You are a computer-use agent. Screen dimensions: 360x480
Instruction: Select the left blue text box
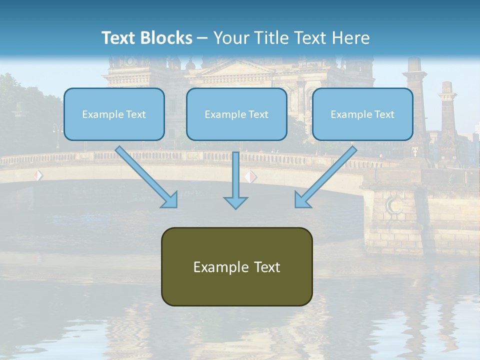click(x=114, y=114)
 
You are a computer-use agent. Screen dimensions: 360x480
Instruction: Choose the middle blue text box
click(x=236, y=114)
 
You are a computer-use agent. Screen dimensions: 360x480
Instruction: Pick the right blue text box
click(x=362, y=114)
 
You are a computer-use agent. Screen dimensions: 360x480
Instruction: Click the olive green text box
click(x=236, y=266)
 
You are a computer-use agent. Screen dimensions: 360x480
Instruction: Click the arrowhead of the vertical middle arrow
click(x=235, y=202)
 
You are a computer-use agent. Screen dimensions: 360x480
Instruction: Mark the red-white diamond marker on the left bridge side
click(x=38, y=175)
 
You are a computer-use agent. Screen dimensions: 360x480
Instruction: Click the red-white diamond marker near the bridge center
click(x=250, y=176)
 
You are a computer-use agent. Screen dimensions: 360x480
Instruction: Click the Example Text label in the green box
click(x=236, y=267)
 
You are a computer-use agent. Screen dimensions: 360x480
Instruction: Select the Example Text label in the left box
click(x=114, y=114)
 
